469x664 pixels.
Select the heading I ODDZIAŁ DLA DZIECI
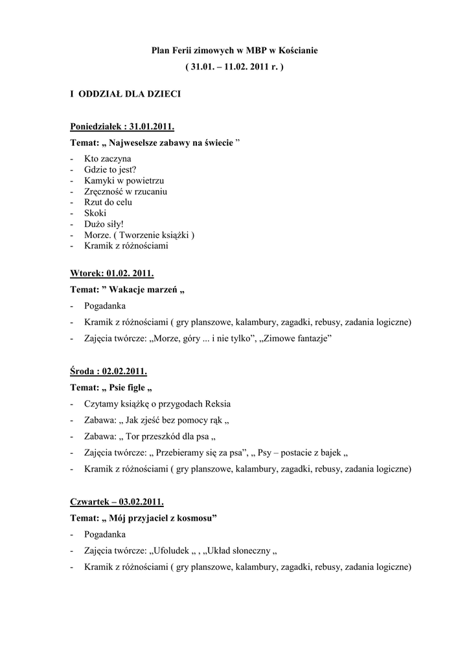125,95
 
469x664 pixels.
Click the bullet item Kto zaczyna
108,158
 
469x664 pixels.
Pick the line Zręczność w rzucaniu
126,191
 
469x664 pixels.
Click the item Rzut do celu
108,202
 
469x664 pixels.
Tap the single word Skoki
95,213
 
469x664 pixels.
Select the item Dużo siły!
104,224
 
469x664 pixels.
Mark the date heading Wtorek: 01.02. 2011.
112,274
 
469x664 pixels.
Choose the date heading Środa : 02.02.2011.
109,372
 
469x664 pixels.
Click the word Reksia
217,404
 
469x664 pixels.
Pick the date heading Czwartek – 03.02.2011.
117,502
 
